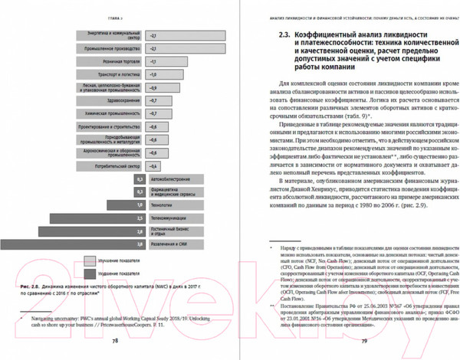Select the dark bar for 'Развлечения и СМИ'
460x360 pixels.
pos(100,243)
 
